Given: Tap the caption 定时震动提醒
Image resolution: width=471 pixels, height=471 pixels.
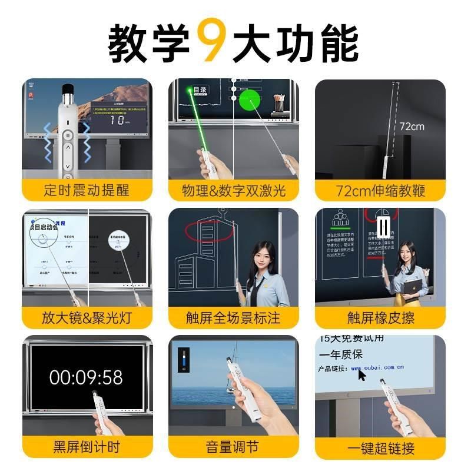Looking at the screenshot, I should coord(87,190).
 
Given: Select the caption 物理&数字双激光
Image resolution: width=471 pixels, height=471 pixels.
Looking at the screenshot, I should coord(234,190).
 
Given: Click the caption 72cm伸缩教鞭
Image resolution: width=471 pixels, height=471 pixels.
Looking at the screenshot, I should coord(380,190).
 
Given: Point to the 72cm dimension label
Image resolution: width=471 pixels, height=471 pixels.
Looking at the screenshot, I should coord(412,126).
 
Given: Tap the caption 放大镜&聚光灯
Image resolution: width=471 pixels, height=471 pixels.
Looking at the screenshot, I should coord(87,318).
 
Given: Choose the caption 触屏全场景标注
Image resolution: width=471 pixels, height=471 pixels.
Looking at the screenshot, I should coord(234,318).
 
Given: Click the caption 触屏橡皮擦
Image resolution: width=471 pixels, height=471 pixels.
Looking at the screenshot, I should coord(380,318).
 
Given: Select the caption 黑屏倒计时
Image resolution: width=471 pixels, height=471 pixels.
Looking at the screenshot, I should coord(87,446).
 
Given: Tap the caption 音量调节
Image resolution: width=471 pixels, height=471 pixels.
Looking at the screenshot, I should coord(234,446).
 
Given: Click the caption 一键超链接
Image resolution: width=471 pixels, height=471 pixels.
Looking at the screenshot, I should coord(380,446).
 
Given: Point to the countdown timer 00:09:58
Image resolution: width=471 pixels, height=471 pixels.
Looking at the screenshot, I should coord(86,377).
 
